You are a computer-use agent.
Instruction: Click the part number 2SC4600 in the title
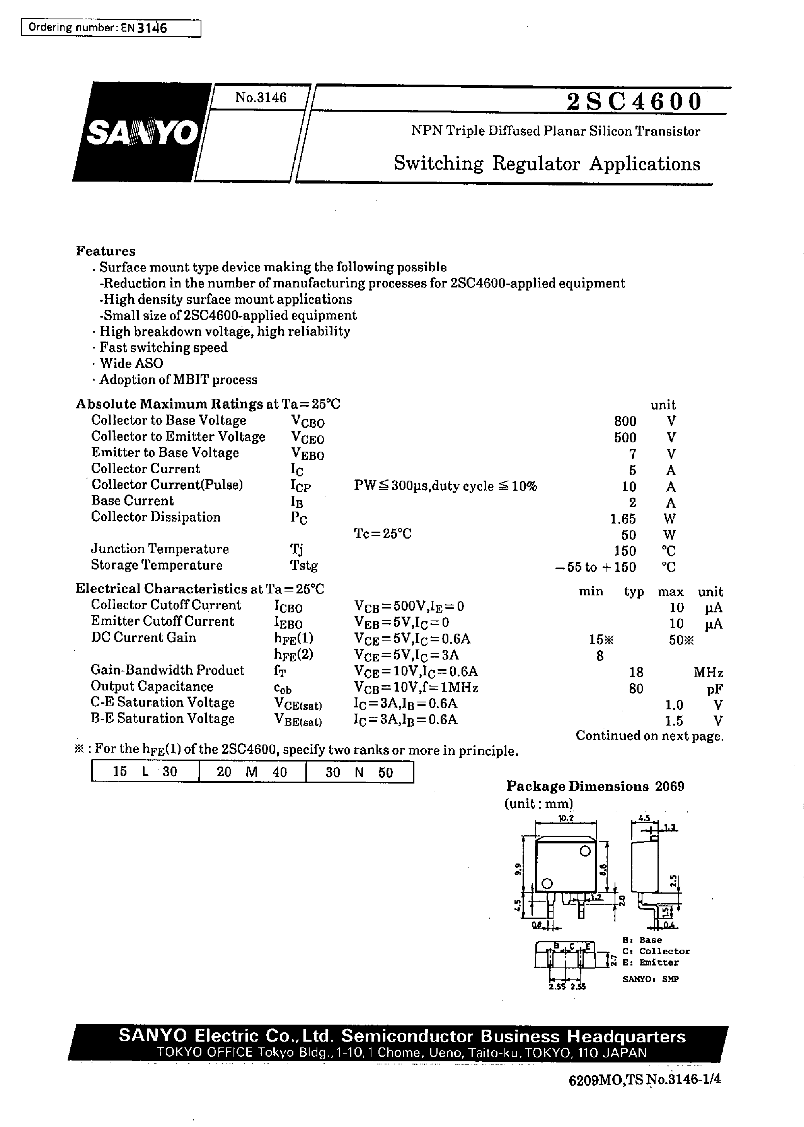point(634,102)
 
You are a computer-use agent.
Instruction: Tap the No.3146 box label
point(261,97)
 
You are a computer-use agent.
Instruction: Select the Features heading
point(106,251)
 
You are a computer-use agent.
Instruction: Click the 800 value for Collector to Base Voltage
point(625,421)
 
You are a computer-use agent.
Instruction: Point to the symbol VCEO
point(307,438)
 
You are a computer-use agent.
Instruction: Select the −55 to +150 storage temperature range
point(596,567)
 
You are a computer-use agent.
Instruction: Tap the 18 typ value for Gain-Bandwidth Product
point(636,672)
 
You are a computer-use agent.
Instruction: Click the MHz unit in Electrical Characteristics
point(708,673)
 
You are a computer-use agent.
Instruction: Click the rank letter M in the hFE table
point(252,772)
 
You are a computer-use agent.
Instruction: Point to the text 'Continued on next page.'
point(649,736)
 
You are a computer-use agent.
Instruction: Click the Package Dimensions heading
point(577,786)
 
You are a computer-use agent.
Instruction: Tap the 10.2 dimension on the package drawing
point(566,818)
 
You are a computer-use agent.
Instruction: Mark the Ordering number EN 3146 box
point(111,28)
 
